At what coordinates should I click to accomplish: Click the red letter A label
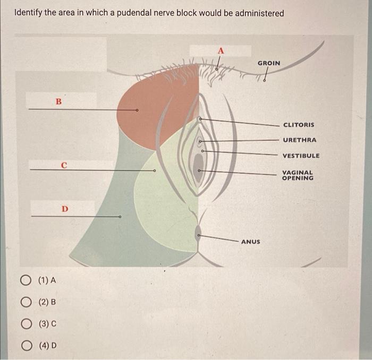pos(221,51)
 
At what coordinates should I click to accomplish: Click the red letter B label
pos(58,101)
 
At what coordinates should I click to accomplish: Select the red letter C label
pos(64,165)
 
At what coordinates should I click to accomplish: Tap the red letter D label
pos(65,209)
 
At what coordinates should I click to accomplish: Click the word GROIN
pos(269,63)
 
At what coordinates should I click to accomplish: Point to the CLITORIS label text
pos(299,125)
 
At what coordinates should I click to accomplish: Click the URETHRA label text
pos(300,140)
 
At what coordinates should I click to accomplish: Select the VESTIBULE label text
pos(301,156)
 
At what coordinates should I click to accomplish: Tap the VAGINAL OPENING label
pos(298,175)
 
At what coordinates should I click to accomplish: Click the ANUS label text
pos(250,242)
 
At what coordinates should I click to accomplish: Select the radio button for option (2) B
pos(26,302)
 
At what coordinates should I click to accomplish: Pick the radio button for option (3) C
pos(26,324)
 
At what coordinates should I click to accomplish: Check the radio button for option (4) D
pos(27,346)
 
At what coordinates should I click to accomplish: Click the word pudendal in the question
pos(133,13)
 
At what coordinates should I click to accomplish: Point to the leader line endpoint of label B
pos(137,110)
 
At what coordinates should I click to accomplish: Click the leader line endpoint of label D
pos(120,217)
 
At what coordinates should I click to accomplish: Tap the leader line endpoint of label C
pos(155,170)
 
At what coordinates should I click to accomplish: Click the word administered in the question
pos(259,13)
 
